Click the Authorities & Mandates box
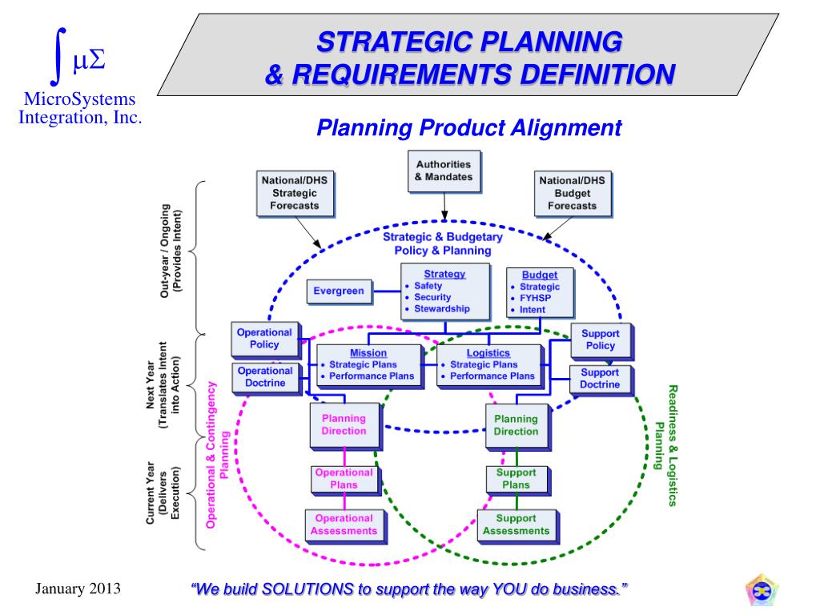click(444, 171)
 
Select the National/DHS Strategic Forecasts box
click(294, 193)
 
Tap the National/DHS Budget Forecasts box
click(572, 193)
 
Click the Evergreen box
click(339, 291)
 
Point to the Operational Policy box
click(264, 339)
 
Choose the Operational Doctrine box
click(264, 377)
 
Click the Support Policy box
click(600, 340)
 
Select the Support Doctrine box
click(600, 378)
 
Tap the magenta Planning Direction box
click(344, 424)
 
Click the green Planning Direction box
click(516, 424)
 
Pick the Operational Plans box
click(344, 479)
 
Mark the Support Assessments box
click(516, 525)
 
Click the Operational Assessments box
click(344, 525)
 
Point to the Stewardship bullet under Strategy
click(441, 309)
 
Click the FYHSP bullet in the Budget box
click(535, 298)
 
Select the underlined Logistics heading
click(488, 353)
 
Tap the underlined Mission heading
click(368, 353)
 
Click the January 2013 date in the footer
click(78, 589)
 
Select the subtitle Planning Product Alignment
click(469, 127)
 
